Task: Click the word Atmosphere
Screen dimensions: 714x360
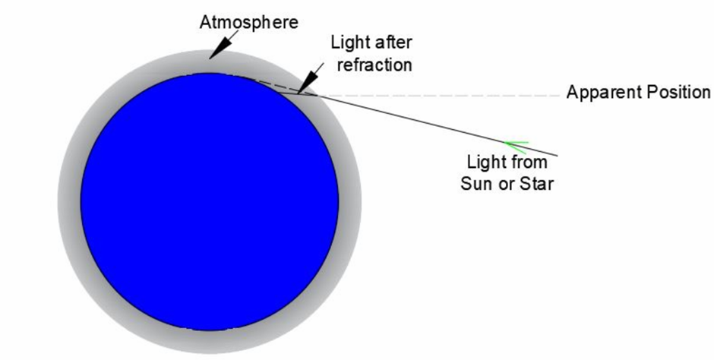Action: tap(248, 22)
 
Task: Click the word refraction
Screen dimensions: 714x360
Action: tap(374, 64)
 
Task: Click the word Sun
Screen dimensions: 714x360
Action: tap(474, 184)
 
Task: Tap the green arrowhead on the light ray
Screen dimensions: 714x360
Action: tap(516, 147)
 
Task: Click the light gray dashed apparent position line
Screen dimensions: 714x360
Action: tap(438, 96)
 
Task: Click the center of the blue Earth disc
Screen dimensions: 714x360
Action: tap(210, 201)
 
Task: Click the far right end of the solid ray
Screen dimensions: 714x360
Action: tap(558, 156)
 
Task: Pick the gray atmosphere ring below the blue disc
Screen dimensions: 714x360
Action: tap(210, 343)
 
